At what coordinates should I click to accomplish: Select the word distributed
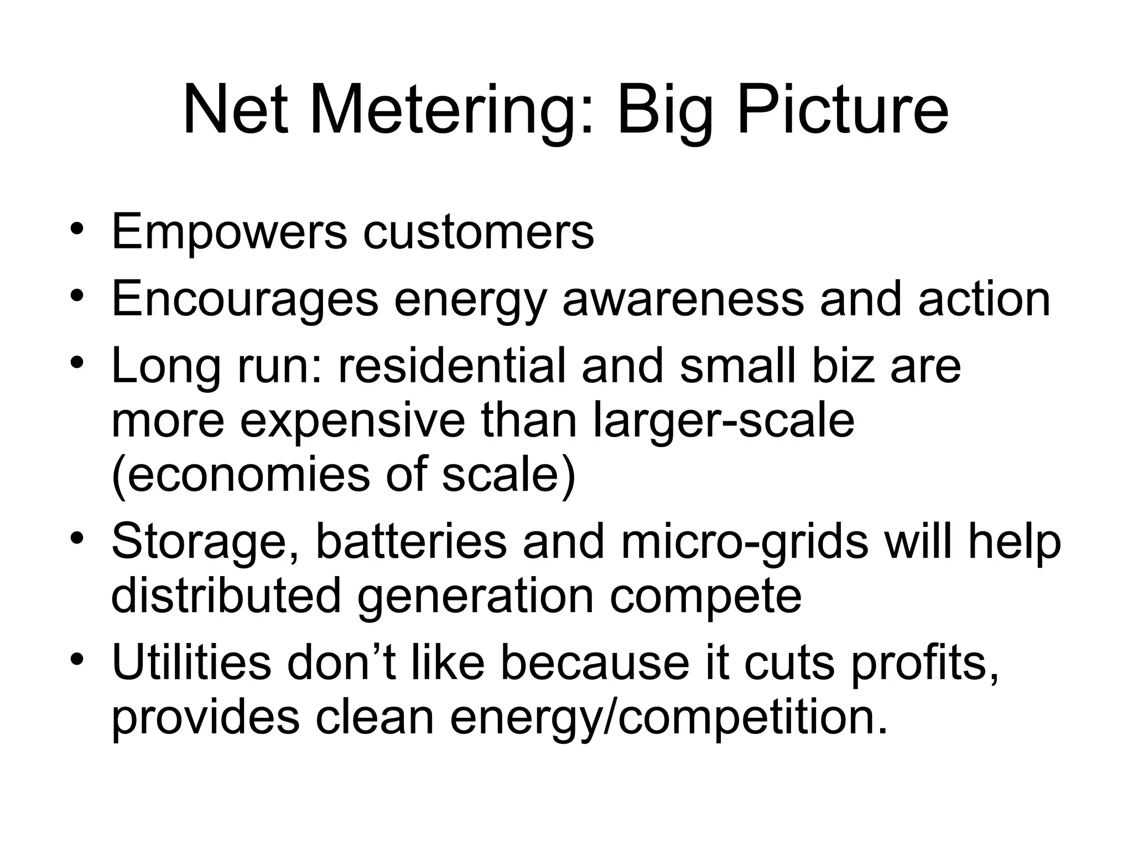[x=226, y=595]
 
